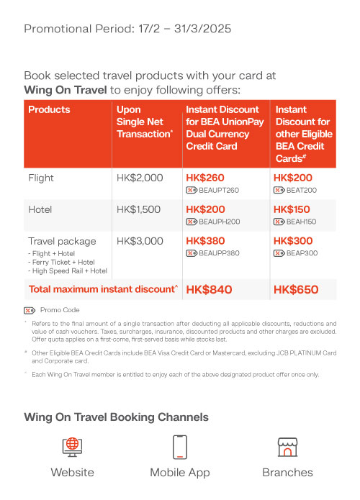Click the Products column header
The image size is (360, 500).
pos(49,110)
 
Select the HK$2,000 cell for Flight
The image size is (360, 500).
pos(140,178)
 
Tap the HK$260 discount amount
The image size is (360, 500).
pos(205,178)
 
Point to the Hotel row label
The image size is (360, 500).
pos(41,209)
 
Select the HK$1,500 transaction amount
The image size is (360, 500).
pos(139,209)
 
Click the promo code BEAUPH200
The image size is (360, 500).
pos(219,222)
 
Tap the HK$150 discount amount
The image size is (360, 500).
pos(293,209)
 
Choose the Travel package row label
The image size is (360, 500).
pos(62,241)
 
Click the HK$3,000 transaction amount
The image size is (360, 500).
pos(140,241)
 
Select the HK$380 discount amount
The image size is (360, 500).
pos(205,241)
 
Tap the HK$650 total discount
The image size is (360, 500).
pos(295,289)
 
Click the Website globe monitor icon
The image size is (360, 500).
pos(72,447)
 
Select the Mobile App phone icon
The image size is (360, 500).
pos(180,447)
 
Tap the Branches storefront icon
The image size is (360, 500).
pos(287,447)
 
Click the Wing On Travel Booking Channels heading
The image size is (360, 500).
pos(116,417)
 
